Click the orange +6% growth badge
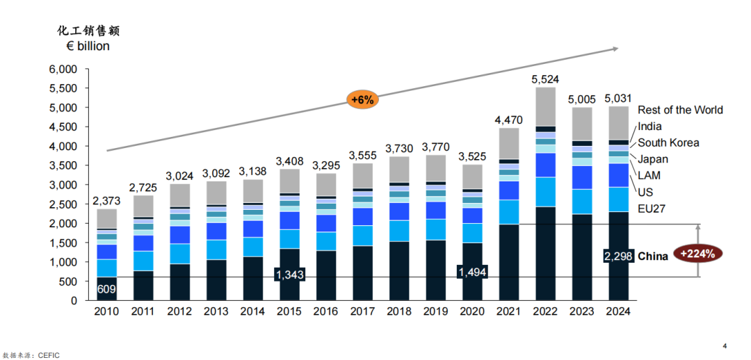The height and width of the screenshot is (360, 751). pos(362,100)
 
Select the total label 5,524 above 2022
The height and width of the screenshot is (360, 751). pos(545,80)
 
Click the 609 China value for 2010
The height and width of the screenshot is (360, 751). pos(106,288)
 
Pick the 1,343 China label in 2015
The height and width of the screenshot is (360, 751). pos(289,275)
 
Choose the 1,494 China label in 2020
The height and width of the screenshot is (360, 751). pos(471,272)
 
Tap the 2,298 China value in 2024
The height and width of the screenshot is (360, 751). pos(619,256)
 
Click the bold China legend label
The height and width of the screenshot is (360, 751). pos(653,256)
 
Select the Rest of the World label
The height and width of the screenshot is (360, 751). pos(680,110)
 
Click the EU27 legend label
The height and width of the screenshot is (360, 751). pos(652,208)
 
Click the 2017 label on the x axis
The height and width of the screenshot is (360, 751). pos(362,312)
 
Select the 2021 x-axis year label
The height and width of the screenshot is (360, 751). pos(508,312)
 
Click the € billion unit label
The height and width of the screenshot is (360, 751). pos(83,47)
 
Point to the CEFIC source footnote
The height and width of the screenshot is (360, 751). pos(31,355)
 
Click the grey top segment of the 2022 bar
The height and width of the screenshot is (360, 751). pos(545,106)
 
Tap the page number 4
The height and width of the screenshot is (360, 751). pos(725,345)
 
